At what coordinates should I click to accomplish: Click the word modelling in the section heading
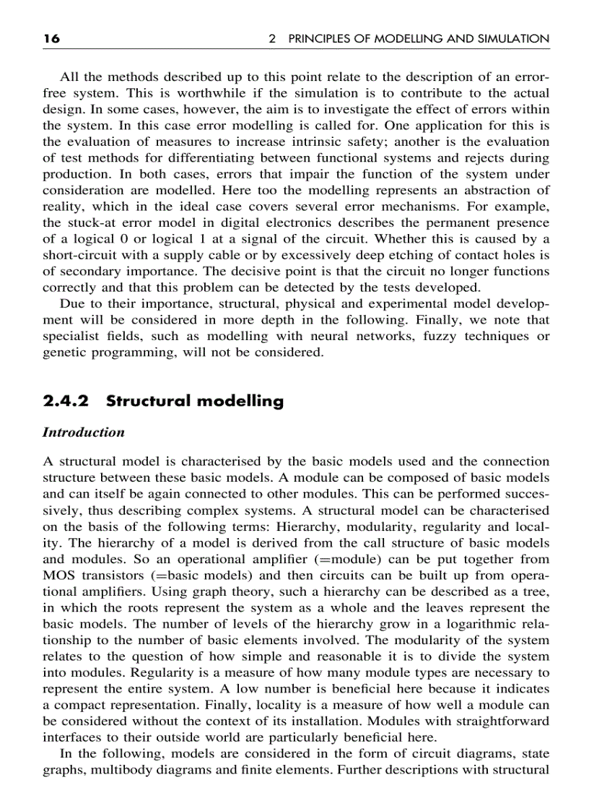click(242, 402)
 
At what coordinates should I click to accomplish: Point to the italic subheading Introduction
click(83, 433)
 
